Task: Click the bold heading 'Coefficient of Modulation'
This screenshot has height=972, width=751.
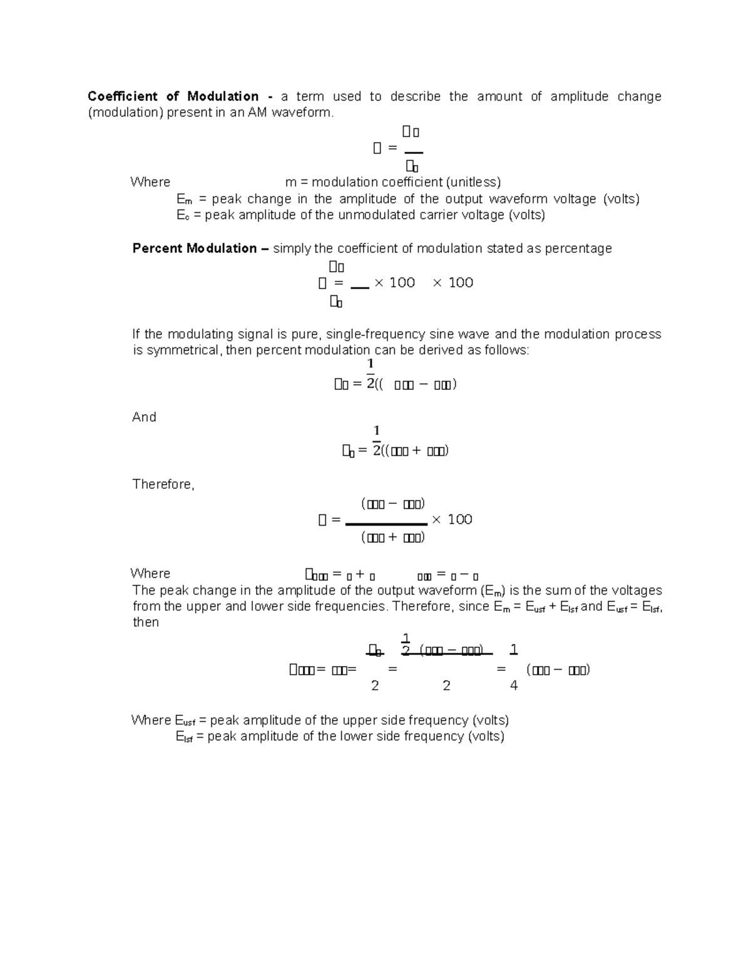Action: pyautogui.click(x=173, y=96)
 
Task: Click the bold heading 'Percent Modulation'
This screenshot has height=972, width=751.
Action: pyautogui.click(x=195, y=248)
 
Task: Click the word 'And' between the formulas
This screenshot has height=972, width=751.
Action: pyautogui.click(x=144, y=417)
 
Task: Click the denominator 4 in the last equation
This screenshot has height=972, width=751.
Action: pyautogui.click(x=514, y=686)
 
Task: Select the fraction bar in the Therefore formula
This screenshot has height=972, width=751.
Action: pyautogui.click(x=386, y=524)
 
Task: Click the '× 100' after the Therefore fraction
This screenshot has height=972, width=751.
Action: pyautogui.click(x=452, y=519)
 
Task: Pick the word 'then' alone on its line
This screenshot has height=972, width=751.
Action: pyautogui.click(x=146, y=622)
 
